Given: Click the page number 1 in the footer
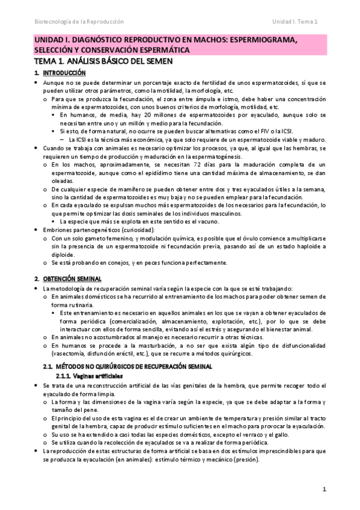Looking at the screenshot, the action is (x=324, y=490).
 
